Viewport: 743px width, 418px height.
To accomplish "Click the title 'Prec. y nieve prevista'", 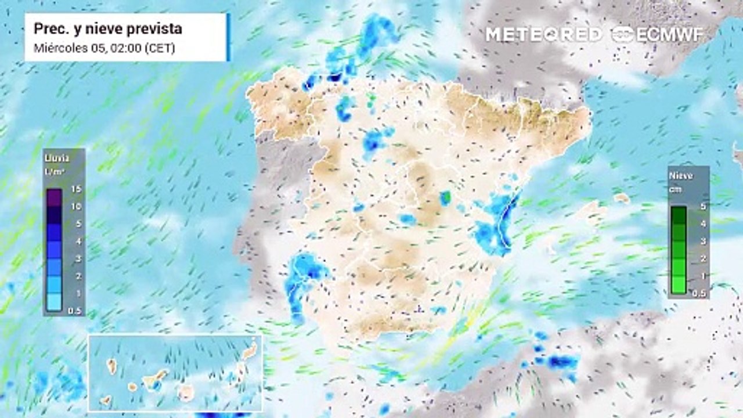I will click(108, 28).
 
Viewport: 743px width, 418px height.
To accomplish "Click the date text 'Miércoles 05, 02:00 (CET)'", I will click(104, 48).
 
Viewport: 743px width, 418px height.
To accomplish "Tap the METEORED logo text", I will click(544, 34).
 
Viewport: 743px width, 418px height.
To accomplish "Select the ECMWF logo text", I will click(670, 34).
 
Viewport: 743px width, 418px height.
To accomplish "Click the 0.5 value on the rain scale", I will click(75, 311).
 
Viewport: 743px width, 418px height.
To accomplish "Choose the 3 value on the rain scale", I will click(76, 258).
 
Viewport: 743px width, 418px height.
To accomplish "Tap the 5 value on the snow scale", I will click(701, 207).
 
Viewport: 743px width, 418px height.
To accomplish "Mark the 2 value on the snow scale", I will click(701, 258).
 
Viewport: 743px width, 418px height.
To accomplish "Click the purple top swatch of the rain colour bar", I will click(55, 198).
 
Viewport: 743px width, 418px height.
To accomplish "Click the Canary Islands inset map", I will click(175, 372).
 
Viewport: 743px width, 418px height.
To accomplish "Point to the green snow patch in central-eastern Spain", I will click(445, 198).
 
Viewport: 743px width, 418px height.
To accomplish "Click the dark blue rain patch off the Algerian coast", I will click(560, 362).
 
